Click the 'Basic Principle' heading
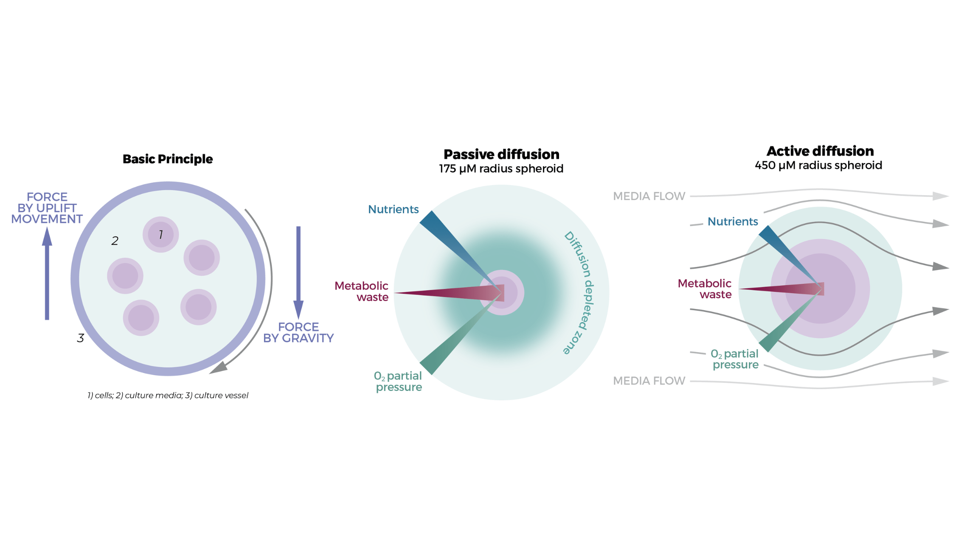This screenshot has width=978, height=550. click(x=168, y=159)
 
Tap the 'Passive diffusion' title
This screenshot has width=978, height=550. click(x=501, y=154)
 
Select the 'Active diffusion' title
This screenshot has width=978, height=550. click(x=820, y=151)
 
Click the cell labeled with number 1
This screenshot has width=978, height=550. click(x=160, y=235)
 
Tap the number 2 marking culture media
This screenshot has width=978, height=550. click(x=115, y=241)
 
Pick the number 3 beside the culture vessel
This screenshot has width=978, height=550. click(x=80, y=338)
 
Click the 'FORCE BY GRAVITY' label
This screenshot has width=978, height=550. click(x=298, y=332)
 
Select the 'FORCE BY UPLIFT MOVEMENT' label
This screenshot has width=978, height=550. click(x=47, y=208)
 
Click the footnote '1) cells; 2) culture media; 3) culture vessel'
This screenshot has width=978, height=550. click(x=168, y=396)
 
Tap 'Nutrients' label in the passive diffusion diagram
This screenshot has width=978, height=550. click(x=393, y=209)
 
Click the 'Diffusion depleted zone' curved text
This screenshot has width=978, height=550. click(x=580, y=293)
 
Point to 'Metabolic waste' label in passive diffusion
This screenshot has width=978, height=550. click(x=362, y=291)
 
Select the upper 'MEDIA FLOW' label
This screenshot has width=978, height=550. click(x=649, y=196)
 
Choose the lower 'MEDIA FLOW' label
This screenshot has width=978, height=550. click(x=649, y=381)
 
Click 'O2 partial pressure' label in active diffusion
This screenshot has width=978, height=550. click(x=735, y=359)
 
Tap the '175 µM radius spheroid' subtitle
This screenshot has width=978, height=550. click(x=501, y=168)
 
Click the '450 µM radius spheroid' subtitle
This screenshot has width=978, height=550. click(x=818, y=165)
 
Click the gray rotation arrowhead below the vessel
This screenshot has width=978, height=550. click(x=219, y=368)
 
